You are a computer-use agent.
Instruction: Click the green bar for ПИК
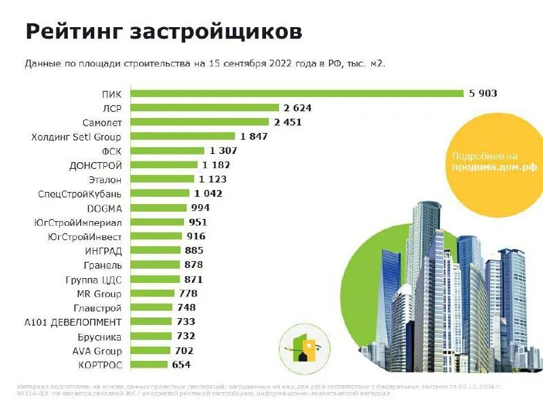click(296, 94)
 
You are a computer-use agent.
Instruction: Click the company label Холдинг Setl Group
click(76, 136)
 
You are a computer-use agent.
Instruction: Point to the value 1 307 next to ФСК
click(223, 151)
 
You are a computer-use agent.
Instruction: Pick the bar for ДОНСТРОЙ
click(164, 165)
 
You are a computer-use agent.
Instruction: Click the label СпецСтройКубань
click(80, 193)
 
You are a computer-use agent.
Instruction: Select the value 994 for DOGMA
click(200, 208)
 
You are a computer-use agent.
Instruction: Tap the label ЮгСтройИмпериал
click(77, 222)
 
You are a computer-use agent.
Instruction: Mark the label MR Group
click(99, 294)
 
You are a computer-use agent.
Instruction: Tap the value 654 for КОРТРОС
click(181, 365)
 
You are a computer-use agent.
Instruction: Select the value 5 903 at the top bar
click(483, 94)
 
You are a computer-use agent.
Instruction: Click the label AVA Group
click(97, 351)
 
